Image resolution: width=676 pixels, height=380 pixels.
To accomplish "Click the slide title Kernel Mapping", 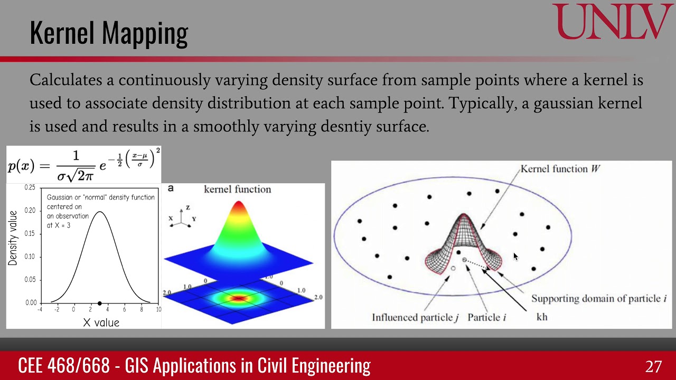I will click(109, 33).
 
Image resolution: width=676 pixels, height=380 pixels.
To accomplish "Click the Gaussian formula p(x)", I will click(83, 165).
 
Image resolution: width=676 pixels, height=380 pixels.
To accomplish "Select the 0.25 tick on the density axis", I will click(30, 188).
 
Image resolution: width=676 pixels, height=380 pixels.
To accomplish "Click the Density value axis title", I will click(13, 238).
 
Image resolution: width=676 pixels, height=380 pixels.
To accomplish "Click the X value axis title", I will click(101, 322).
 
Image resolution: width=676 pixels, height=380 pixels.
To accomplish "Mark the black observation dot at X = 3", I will click(99, 303).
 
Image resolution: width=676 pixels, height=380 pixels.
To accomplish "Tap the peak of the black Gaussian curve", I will click(99, 212).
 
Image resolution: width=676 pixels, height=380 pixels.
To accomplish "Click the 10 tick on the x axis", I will click(158, 310).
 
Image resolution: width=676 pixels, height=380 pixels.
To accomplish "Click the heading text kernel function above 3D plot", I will click(237, 189).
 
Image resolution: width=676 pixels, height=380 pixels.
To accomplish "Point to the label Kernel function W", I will click(560, 169).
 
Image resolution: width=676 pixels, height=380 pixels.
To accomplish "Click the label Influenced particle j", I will click(415, 317).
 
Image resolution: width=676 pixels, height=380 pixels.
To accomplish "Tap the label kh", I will click(542, 317).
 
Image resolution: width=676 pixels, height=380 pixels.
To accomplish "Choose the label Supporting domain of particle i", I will click(598, 299).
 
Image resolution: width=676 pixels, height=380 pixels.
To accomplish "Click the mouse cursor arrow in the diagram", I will click(515, 256).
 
